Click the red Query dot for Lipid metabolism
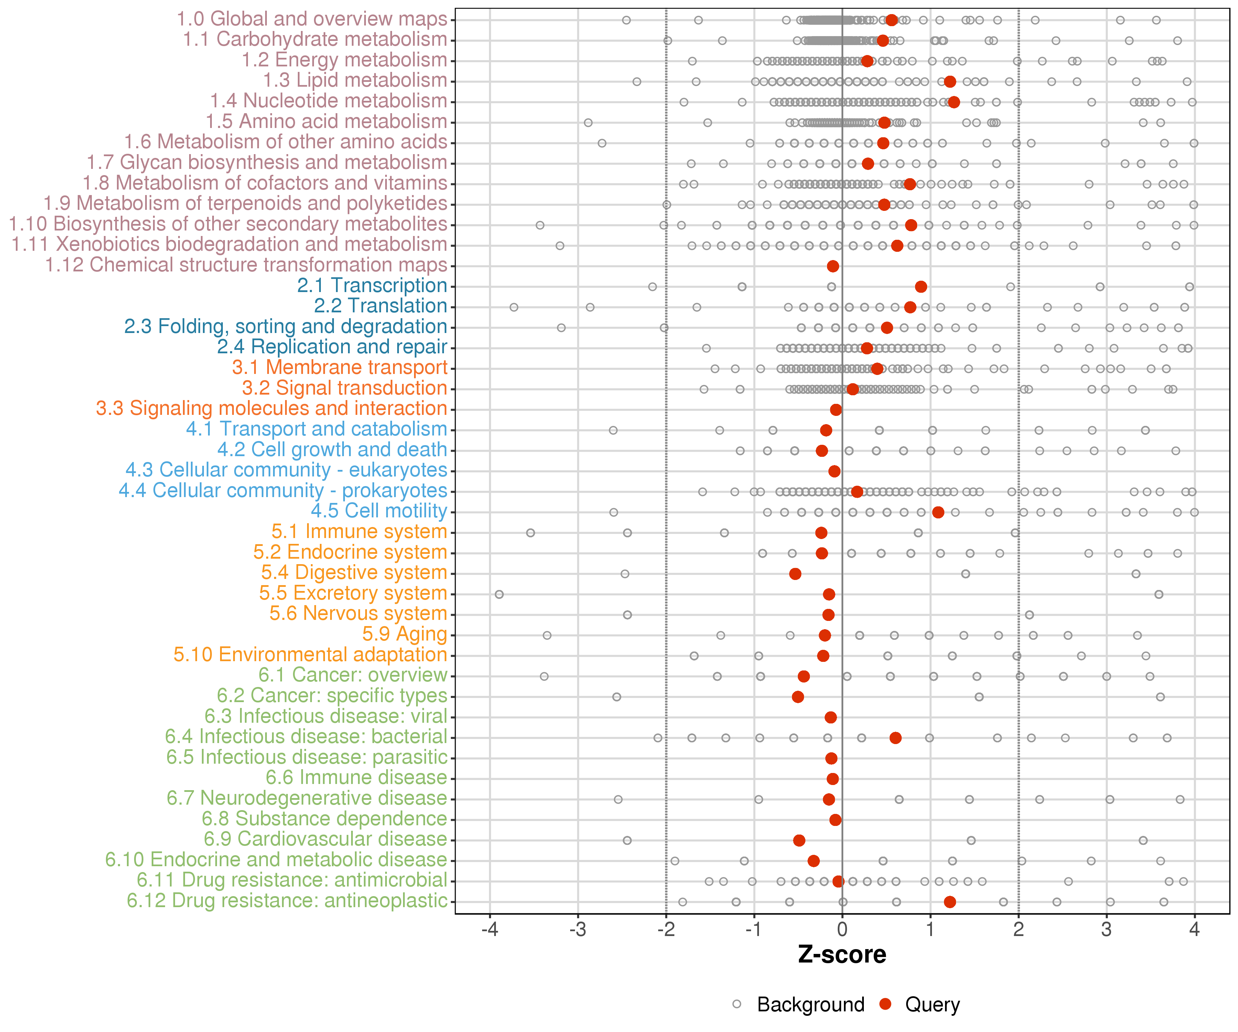[950, 82]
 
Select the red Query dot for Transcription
[921, 287]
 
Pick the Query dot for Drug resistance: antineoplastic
[950, 902]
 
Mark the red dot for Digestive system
[795, 574]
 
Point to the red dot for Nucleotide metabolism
[954, 102]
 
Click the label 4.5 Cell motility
[379, 511]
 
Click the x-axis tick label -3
[578, 930]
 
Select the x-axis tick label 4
[1194, 930]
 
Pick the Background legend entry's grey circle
[737, 1004]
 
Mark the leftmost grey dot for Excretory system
[499, 594]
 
